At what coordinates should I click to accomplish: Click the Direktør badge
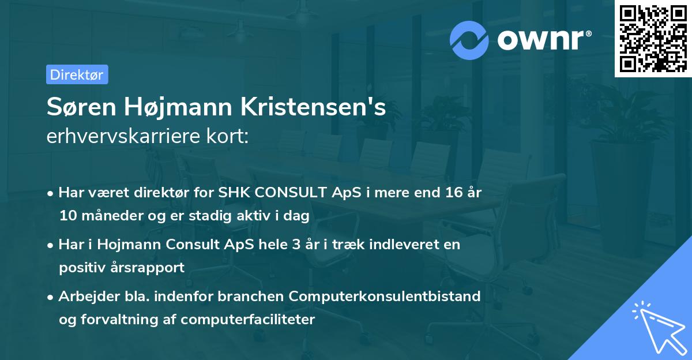tap(77, 74)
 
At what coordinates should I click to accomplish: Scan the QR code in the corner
tap(653, 39)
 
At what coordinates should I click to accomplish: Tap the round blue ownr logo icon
tap(469, 40)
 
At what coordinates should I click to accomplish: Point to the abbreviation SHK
tap(232, 192)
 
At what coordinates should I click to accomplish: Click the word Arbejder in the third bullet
tap(84, 296)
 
